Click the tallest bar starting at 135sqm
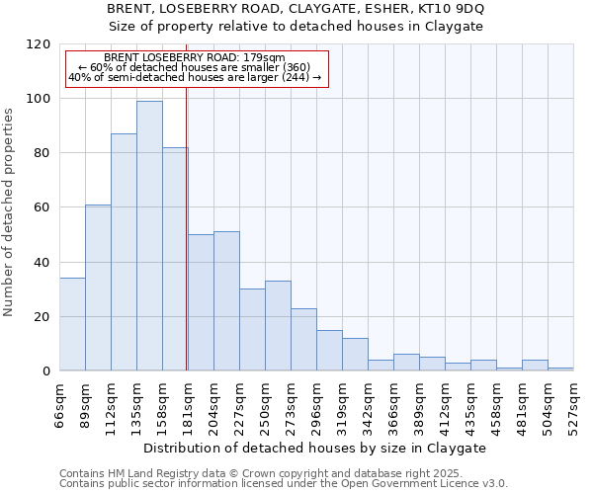(149, 236)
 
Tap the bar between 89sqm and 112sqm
(98, 288)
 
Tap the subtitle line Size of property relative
(296, 26)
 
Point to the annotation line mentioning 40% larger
(195, 77)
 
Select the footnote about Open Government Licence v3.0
(284, 484)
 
